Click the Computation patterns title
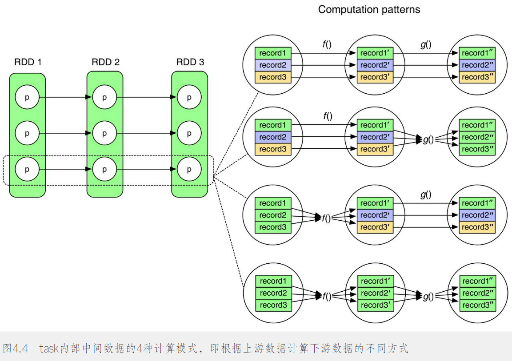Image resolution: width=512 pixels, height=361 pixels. (369, 9)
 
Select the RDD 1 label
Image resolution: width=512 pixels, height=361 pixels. (28, 62)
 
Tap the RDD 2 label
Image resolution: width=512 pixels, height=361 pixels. (105, 62)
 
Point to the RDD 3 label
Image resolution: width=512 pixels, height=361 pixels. (190, 62)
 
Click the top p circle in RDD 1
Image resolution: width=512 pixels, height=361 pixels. (27, 97)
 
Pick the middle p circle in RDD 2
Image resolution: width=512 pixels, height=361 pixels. (104, 133)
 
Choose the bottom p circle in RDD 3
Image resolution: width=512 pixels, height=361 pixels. (189, 170)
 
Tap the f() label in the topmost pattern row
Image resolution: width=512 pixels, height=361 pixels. (328, 44)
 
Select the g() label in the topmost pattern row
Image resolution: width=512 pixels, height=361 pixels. (426, 44)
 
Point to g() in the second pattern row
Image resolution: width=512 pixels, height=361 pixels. (428, 140)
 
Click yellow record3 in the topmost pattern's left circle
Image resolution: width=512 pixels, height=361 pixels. (272, 77)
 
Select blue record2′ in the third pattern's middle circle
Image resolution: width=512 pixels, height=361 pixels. (375, 215)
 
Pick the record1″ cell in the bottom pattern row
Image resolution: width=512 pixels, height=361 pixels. (478, 281)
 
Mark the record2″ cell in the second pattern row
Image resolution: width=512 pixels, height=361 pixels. (478, 137)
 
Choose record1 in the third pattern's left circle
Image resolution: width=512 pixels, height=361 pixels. (272, 203)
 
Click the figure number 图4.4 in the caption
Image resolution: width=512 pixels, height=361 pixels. (16, 348)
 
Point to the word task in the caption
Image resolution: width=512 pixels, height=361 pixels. (49, 348)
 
